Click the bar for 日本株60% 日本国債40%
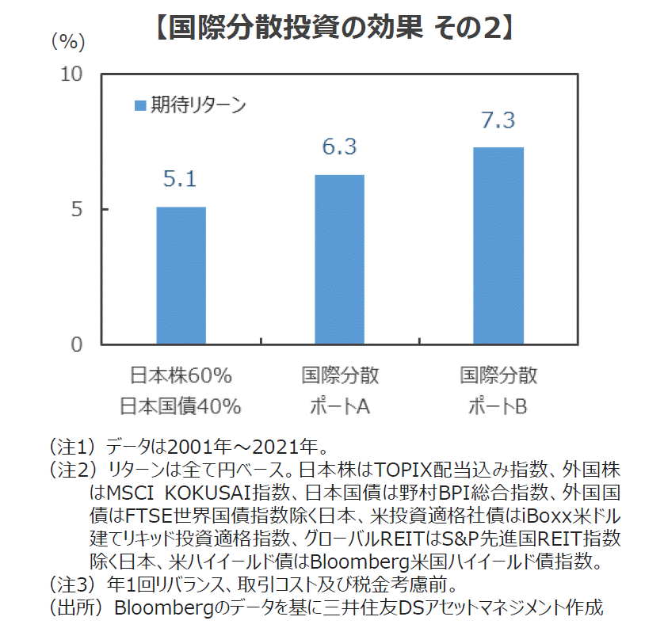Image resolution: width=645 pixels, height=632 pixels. click(181, 276)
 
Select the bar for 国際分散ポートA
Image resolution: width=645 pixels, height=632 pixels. click(339, 260)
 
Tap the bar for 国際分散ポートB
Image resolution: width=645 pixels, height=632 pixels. click(498, 246)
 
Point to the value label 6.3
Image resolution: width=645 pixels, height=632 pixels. click(339, 147)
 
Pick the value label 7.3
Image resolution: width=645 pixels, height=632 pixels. click(498, 120)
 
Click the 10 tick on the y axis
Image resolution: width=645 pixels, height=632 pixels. click(72, 74)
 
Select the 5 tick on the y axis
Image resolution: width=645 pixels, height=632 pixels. click(78, 210)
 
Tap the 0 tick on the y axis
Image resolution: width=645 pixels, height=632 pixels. click(77, 345)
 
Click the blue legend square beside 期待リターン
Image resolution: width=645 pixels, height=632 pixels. click(139, 105)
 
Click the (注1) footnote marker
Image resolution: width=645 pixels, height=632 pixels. click(71, 444)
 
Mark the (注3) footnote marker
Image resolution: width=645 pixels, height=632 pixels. click(71, 586)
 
